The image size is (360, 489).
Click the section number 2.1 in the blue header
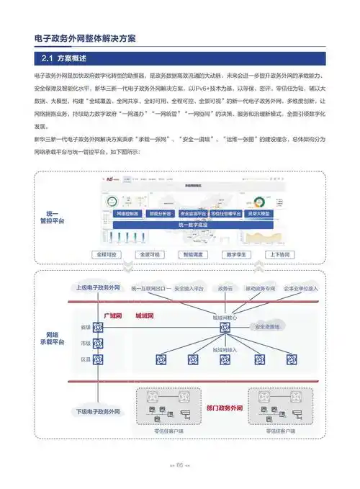47,58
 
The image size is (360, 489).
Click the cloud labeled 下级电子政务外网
99,411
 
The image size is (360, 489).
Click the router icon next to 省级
99,328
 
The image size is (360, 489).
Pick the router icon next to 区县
99,358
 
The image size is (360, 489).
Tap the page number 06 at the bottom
179,465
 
